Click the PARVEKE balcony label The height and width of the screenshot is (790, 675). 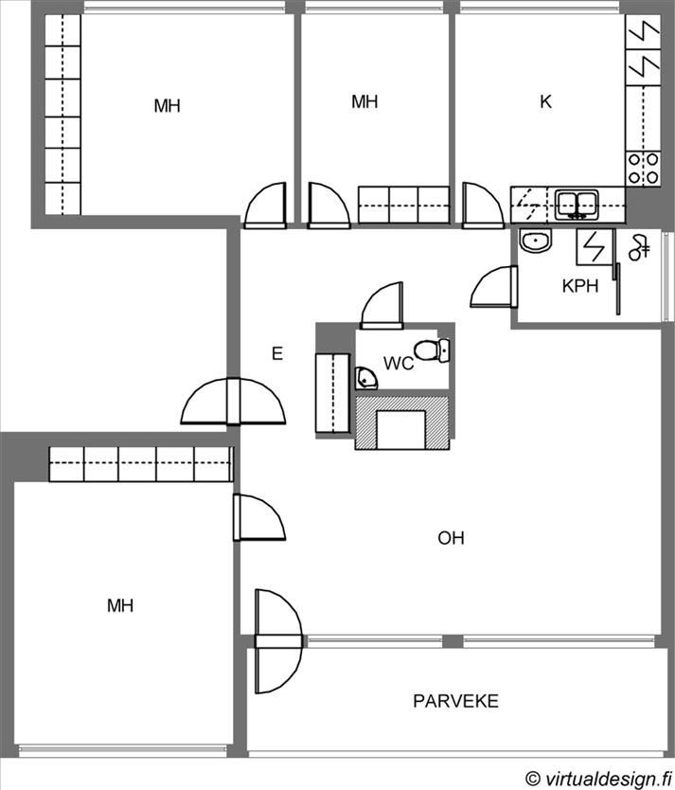[455, 701]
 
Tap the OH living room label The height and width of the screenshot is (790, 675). [451, 538]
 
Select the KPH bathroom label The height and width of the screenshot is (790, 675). [580, 286]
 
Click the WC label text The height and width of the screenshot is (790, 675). [399, 363]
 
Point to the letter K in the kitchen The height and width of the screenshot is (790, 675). [545, 101]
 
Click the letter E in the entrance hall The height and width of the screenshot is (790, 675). [276, 353]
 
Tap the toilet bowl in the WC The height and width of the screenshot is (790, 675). [432, 350]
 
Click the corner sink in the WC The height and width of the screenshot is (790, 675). [365, 378]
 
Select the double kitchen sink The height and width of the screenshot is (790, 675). [577, 205]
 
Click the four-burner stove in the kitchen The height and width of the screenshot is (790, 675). [644, 169]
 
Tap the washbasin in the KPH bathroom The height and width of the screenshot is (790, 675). [536, 241]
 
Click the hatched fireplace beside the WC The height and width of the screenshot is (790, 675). [402, 422]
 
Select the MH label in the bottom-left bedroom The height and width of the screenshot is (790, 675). [120, 605]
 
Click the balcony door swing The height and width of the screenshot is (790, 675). [279, 641]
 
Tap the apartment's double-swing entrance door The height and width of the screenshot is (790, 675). [233, 401]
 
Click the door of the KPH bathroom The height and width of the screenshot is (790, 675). [494, 287]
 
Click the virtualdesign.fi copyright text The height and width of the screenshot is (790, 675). [598, 779]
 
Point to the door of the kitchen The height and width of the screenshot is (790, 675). [482, 206]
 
